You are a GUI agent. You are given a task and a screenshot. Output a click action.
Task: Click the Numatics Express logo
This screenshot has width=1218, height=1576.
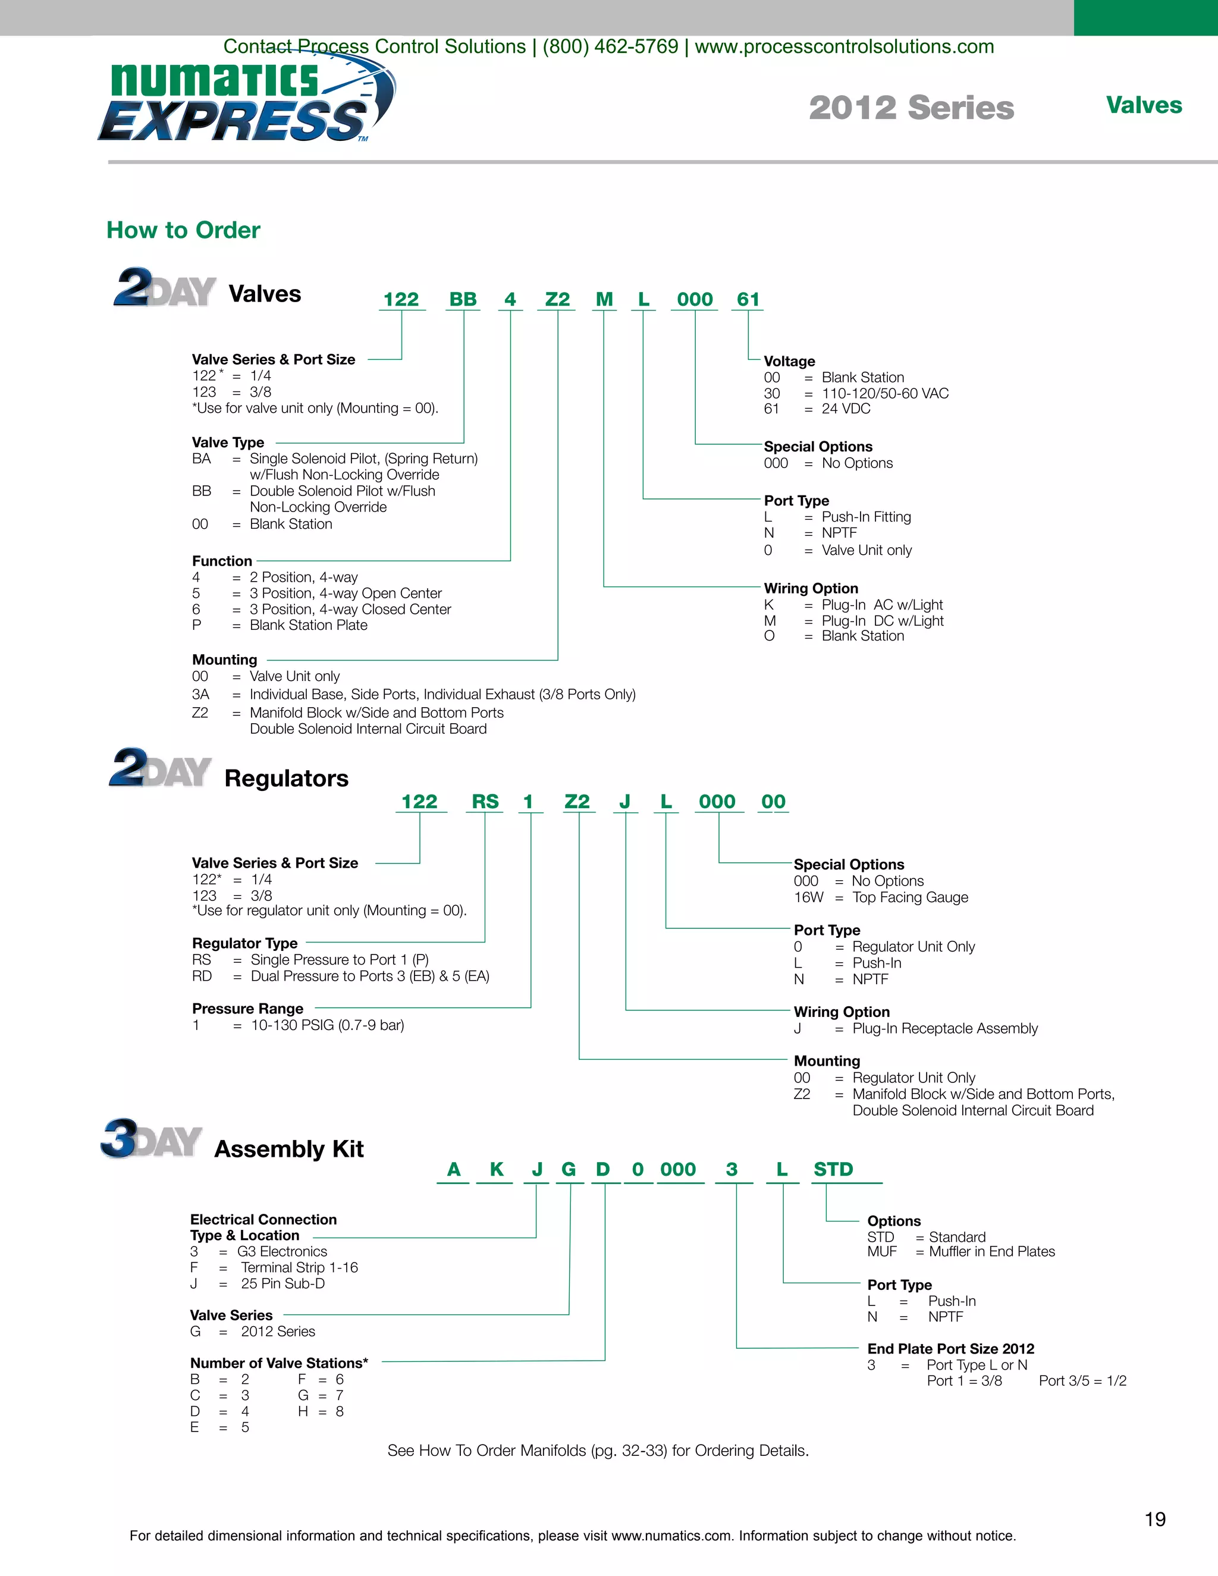tap(246, 101)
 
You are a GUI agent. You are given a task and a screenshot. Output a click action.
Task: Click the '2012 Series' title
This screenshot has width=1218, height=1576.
tap(911, 108)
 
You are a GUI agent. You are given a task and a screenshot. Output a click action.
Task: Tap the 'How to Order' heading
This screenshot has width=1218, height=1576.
tap(183, 230)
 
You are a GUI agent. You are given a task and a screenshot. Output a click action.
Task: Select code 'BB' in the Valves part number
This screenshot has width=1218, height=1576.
tap(463, 300)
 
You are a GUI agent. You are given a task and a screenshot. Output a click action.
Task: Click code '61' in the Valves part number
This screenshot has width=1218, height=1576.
tap(748, 300)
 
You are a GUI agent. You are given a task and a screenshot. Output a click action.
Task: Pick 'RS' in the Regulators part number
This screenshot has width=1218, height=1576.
tap(485, 802)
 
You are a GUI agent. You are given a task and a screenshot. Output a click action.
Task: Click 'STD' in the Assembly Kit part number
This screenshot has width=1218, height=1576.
tap(833, 1170)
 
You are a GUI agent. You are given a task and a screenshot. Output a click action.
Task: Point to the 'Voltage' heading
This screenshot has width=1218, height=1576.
tap(789, 362)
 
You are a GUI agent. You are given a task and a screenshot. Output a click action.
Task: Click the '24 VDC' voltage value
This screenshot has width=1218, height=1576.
tap(846, 409)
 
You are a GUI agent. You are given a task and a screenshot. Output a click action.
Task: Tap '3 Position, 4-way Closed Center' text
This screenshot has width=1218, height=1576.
tap(350, 610)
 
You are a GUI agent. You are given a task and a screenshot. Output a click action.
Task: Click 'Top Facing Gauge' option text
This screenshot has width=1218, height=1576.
tap(910, 897)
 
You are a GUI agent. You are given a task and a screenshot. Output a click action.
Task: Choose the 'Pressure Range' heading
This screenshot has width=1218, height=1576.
tap(247, 1009)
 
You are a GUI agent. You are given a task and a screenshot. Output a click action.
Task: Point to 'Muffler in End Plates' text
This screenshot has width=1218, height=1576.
tap(991, 1252)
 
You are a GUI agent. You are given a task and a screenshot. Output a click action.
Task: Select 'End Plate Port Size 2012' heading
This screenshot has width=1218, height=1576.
tap(950, 1349)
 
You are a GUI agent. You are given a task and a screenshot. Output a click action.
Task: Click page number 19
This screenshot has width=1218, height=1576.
tap(1155, 1520)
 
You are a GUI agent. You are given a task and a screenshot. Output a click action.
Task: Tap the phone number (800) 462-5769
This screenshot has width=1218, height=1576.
tap(610, 47)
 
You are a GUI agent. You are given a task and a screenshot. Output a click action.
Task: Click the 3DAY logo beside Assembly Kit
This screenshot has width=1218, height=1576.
tap(152, 1139)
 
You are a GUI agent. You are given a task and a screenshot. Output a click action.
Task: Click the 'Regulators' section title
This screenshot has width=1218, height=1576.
tap(287, 778)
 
